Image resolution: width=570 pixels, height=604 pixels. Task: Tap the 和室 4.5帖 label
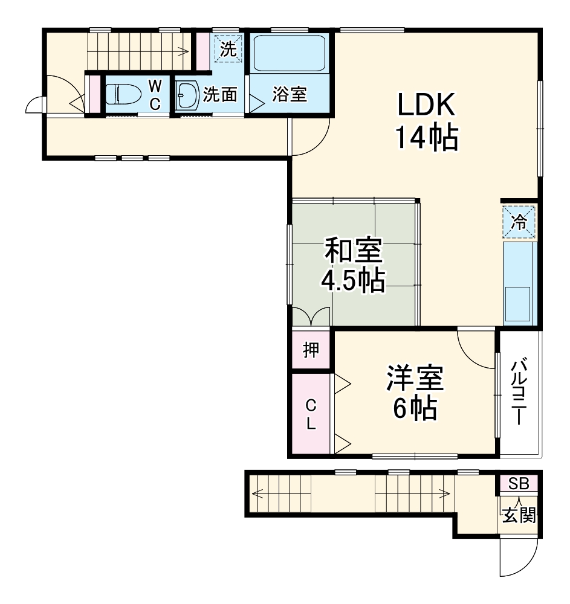tap(354, 266)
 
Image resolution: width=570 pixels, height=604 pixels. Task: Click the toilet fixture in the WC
tap(121, 94)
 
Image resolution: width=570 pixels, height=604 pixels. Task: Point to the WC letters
tap(155, 94)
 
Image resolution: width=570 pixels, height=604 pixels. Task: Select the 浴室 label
tap(290, 95)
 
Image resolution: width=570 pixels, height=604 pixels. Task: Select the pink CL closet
tap(311, 414)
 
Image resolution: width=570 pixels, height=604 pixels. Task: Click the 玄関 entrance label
tap(519, 516)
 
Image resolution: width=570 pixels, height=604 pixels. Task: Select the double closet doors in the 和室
tap(311, 316)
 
